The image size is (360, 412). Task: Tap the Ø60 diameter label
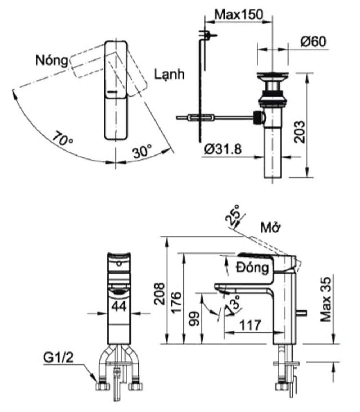(313, 42)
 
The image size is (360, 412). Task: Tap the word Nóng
(51, 61)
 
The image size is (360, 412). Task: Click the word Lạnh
(169, 75)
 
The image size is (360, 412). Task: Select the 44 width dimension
(118, 306)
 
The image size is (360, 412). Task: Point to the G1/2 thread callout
(59, 359)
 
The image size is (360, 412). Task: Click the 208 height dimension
(160, 293)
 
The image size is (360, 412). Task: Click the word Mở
(271, 228)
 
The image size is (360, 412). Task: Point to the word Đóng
(252, 268)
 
